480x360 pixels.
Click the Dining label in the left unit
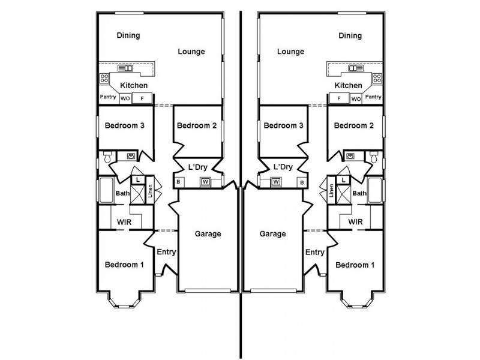[x=128, y=35]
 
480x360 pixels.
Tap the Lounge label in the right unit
[x=290, y=52]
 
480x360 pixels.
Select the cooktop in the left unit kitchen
[x=104, y=78]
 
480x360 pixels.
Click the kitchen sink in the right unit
[x=355, y=68]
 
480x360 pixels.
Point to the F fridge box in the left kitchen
[x=142, y=98]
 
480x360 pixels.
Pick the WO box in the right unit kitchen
[x=356, y=99]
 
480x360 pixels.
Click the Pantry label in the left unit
[x=108, y=97]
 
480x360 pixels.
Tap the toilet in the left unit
[x=107, y=157]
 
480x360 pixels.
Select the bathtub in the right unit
[x=374, y=190]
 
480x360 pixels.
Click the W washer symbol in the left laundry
[x=205, y=182]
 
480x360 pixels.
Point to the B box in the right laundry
[x=302, y=182]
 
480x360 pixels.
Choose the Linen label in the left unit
[x=150, y=190]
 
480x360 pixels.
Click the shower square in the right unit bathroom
[x=343, y=195]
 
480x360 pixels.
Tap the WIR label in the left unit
[x=124, y=222]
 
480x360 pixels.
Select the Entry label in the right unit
[x=314, y=252]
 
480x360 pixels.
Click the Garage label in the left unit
[x=208, y=234]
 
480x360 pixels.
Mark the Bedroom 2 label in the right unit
[x=353, y=125]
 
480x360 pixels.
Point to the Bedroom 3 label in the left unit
[x=124, y=125]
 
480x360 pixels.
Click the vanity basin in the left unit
[x=131, y=156]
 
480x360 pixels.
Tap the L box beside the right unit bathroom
[x=343, y=180]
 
